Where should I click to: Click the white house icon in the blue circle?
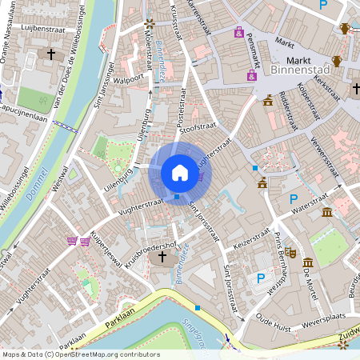180,173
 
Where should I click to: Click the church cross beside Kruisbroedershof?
162,258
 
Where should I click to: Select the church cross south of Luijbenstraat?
52,55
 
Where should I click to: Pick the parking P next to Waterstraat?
294,198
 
